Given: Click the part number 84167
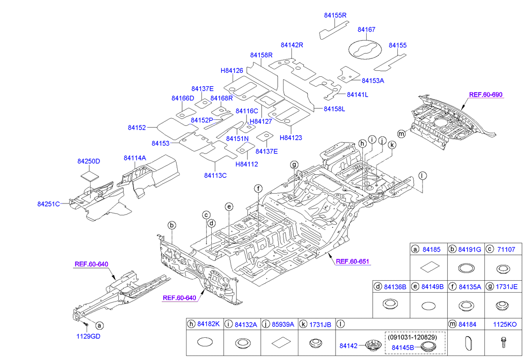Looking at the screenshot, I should [367, 30].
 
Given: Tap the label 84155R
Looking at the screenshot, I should [335, 16].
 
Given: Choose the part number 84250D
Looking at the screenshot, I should [89, 161].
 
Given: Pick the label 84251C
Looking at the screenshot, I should [48, 204].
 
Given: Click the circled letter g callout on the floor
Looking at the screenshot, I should [294, 164].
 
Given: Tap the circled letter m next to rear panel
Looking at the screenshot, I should [401, 133].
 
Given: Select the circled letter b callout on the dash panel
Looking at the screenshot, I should [172, 225].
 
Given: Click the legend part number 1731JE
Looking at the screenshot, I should [507, 286].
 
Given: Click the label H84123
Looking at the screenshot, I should [291, 138].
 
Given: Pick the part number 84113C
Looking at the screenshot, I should [215, 175].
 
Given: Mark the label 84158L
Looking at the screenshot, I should [335, 108].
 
